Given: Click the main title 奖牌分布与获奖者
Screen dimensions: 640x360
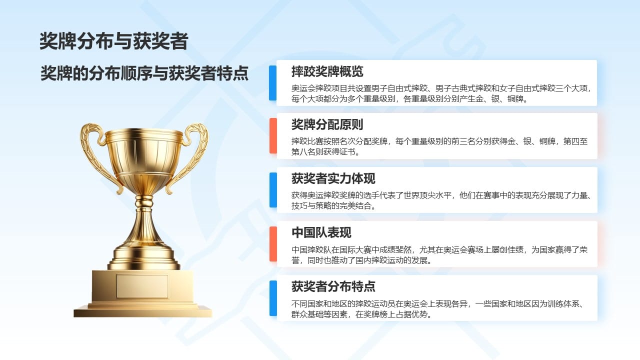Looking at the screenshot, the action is click(x=113, y=41).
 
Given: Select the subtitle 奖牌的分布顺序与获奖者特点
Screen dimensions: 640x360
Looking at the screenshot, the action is click(x=144, y=73).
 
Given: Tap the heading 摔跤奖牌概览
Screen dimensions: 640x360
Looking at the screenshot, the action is click(x=327, y=71).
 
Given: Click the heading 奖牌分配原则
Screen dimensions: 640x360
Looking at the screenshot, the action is click(x=327, y=124).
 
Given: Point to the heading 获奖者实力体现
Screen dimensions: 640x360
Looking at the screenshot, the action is click(x=333, y=178).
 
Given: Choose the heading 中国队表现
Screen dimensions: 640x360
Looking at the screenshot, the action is click(x=321, y=232).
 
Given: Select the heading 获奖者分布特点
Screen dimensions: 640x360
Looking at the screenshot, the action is click(x=333, y=286).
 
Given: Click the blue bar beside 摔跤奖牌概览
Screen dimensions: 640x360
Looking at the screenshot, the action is click(x=273, y=83).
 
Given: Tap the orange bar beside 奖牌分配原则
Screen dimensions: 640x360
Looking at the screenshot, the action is click(x=273, y=135).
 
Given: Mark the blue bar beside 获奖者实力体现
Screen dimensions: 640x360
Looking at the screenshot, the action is click(x=273, y=189).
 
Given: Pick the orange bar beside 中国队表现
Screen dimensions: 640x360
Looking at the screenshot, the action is click(x=273, y=243).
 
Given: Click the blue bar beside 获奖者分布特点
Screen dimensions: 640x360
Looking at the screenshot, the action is click(x=273, y=298).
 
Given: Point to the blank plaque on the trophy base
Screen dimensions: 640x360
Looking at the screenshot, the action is click(x=142, y=286).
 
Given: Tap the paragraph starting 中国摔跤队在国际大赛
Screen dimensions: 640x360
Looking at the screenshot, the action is click(x=439, y=255).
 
